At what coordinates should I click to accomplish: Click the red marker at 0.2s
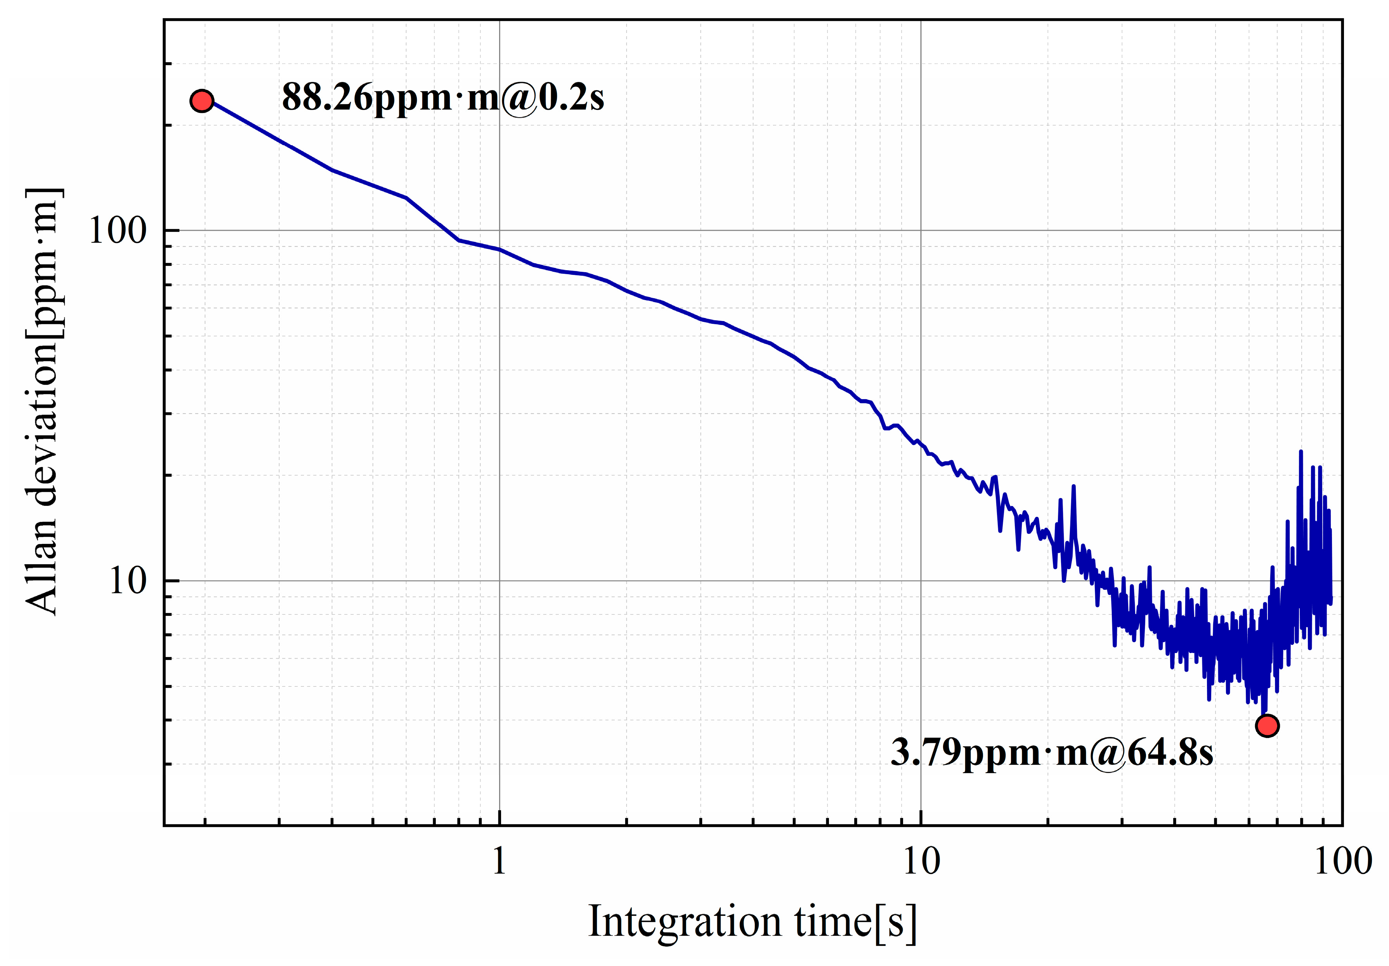tap(201, 101)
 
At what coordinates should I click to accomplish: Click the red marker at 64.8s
tap(1267, 725)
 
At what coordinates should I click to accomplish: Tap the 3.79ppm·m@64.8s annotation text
tap(1051, 752)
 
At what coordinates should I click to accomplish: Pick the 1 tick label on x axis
tap(499, 861)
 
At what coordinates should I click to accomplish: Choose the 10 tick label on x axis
tap(921, 861)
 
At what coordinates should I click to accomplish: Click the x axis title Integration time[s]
tap(753, 922)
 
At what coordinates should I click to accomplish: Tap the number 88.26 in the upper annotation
tap(327, 97)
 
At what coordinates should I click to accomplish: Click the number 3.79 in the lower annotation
tap(924, 752)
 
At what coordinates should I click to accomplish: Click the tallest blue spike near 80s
tap(1301, 452)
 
